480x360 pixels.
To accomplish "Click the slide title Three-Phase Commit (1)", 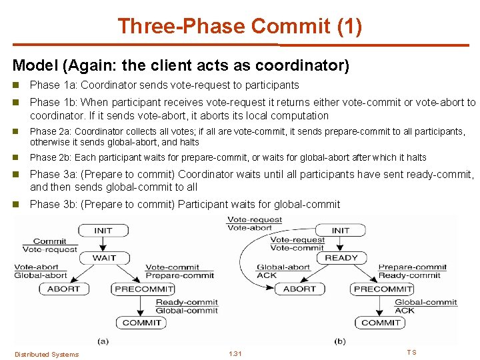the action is [x=240, y=26].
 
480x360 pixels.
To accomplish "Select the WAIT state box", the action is [x=104, y=257].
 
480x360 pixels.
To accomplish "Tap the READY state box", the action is [x=341, y=257].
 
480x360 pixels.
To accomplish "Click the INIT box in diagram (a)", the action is [x=103, y=231].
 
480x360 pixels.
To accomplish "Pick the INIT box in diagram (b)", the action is [x=341, y=231].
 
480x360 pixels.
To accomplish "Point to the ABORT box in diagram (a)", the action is [x=63, y=289].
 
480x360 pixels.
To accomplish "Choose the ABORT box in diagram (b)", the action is [x=299, y=289].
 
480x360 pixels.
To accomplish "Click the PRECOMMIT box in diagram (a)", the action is [x=144, y=289].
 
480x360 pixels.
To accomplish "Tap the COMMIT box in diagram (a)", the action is [x=142, y=323].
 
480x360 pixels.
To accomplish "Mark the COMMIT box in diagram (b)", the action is [x=381, y=323].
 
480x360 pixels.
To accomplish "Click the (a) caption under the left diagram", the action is [x=103, y=341].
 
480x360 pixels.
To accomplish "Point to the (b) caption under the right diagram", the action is [x=340, y=341].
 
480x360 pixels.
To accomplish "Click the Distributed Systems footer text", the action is [x=47, y=354].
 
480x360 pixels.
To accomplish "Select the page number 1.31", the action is [x=235, y=353].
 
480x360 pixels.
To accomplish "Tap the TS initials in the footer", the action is [x=411, y=352].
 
